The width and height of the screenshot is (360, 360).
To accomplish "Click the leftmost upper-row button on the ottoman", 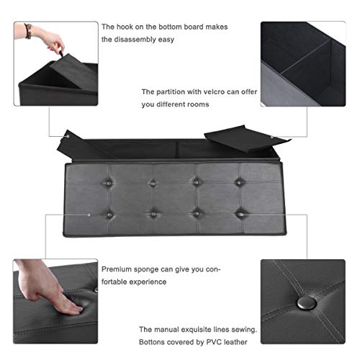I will [x=111, y=172].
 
